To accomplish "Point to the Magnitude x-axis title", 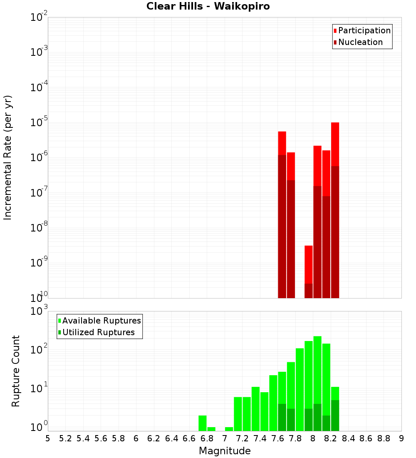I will coord(225,451).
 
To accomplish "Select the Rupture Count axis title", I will coord(16,371).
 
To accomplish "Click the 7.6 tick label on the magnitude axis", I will coord(277,438).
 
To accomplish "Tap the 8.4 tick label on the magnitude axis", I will coord(348,438).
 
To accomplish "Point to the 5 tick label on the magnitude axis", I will coord(48,438).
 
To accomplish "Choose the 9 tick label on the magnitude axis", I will coord(401,438).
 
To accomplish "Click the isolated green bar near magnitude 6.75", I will coord(203,423).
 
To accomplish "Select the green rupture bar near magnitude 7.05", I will coord(229,429).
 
